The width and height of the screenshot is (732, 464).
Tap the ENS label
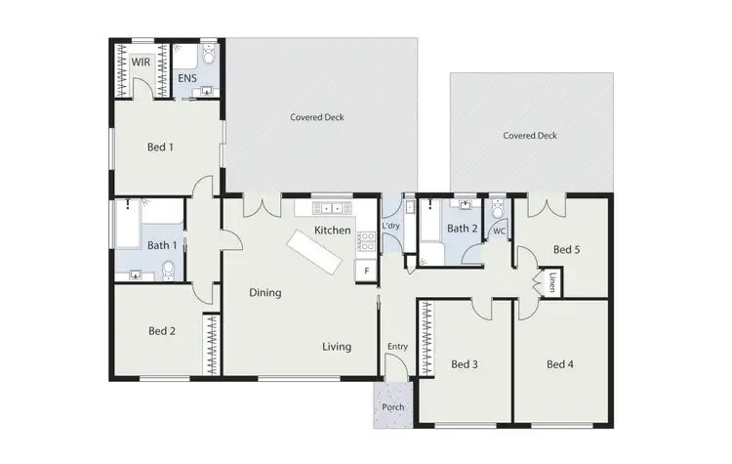coord(186,77)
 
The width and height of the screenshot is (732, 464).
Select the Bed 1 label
coord(160,148)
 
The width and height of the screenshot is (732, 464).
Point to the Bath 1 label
coord(162,245)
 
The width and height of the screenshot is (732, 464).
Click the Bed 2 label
coord(162,331)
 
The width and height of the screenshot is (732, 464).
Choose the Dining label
coord(264,292)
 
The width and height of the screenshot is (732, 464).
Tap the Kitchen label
coord(332,231)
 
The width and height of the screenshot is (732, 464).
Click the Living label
coord(337,347)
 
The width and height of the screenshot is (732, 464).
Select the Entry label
coord(397,347)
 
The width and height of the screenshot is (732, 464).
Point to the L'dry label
coord(391,227)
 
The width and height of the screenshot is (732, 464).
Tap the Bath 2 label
coord(462,229)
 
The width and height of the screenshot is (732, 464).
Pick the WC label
coord(499,232)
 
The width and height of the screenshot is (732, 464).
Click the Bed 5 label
coord(567,250)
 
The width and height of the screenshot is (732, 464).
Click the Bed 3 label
coord(465,365)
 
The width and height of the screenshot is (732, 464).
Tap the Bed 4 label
coord(559,365)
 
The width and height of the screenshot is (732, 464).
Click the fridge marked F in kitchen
coord(366,270)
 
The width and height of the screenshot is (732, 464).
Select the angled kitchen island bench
coord(314,254)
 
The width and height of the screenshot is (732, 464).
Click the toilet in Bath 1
coord(171,269)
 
